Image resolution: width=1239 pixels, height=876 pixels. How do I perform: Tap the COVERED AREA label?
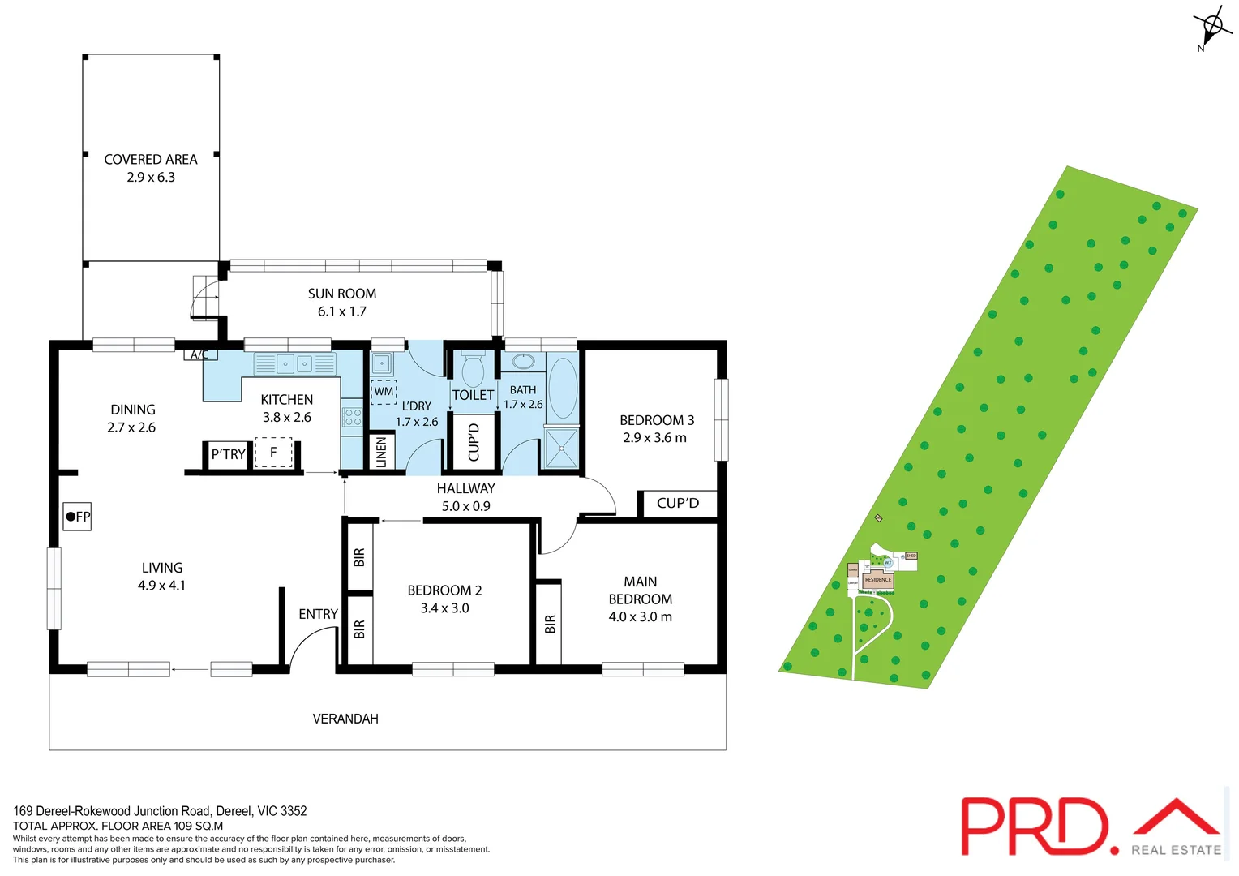151,160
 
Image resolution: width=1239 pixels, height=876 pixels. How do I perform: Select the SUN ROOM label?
341,294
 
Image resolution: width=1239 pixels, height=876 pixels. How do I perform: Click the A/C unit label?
200,354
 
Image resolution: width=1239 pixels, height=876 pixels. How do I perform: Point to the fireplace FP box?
77,517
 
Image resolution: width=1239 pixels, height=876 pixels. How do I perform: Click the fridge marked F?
273,453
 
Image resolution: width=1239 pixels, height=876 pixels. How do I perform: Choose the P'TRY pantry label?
228,454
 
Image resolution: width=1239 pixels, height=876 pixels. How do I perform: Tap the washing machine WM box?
384,392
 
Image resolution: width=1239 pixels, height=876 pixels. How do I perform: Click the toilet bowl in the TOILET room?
472,371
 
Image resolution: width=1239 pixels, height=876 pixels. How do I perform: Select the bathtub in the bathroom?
563,388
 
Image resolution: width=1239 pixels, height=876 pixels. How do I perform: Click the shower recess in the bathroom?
562,449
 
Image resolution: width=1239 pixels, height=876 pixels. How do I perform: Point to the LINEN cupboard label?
381,453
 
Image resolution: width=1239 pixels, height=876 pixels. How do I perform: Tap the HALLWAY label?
465,488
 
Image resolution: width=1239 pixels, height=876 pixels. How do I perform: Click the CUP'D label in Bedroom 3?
678,503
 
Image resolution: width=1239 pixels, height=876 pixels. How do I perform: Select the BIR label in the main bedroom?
551,624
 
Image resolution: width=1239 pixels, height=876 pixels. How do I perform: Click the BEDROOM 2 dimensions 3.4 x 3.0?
444,608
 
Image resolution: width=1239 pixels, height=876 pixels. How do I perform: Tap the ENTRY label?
318,614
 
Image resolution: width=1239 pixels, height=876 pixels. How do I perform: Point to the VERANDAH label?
345,719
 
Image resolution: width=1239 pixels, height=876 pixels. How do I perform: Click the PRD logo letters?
1035,826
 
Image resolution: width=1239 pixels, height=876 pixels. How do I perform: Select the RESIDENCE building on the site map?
878,580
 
